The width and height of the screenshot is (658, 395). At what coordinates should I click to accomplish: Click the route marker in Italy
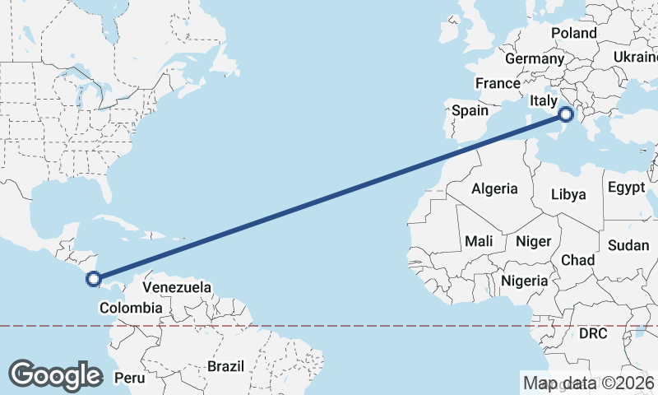pyautogui.click(x=566, y=114)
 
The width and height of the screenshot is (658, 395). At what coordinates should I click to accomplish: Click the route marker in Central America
pyautogui.click(x=94, y=280)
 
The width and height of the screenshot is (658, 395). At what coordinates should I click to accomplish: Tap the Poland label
pyautogui.click(x=573, y=34)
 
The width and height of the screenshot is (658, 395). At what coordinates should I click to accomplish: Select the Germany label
pyautogui.click(x=535, y=59)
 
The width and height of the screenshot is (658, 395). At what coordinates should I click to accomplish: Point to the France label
pyautogui.click(x=498, y=83)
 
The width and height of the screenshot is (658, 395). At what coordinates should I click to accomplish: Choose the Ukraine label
pyautogui.click(x=635, y=57)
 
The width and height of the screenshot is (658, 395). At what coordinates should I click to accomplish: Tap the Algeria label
pyautogui.click(x=494, y=188)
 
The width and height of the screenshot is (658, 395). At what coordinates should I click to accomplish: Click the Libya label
pyautogui.click(x=568, y=194)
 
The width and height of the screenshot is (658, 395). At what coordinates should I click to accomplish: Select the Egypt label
pyautogui.click(x=626, y=187)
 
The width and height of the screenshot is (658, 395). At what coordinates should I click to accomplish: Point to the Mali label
pyautogui.click(x=479, y=241)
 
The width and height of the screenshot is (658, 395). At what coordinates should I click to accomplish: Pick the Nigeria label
pyautogui.click(x=524, y=281)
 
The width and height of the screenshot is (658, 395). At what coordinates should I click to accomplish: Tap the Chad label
pyautogui.click(x=577, y=259)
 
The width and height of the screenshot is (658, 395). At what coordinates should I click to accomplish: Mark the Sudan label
pyautogui.click(x=628, y=245)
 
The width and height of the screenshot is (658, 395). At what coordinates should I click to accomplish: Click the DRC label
pyautogui.click(x=592, y=334)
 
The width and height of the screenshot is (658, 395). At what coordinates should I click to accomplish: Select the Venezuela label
pyautogui.click(x=177, y=288)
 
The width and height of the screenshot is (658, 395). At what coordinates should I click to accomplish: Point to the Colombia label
pyautogui.click(x=131, y=308)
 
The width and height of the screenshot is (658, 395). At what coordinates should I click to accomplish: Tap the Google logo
pyautogui.click(x=55, y=374)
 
